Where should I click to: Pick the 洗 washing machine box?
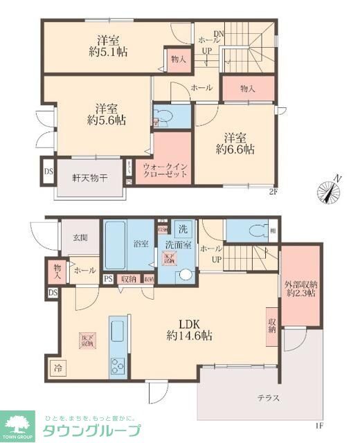[x=183, y=229]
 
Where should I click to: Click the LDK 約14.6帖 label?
[x=189, y=328]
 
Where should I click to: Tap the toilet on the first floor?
[x=251, y=230]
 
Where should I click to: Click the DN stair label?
[x=219, y=34]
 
